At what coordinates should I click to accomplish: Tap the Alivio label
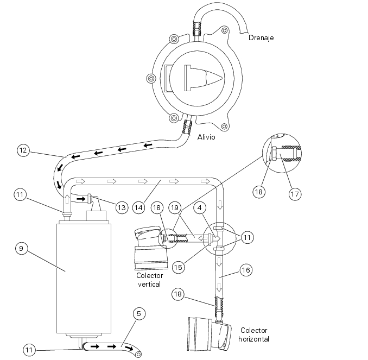click(206, 137)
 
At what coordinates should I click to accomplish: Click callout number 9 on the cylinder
click(21, 248)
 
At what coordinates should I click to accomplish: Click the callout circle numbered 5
click(138, 313)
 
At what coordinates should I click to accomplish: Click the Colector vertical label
click(150, 280)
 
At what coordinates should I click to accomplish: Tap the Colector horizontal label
click(253, 334)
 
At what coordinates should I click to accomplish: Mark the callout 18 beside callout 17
click(259, 192)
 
